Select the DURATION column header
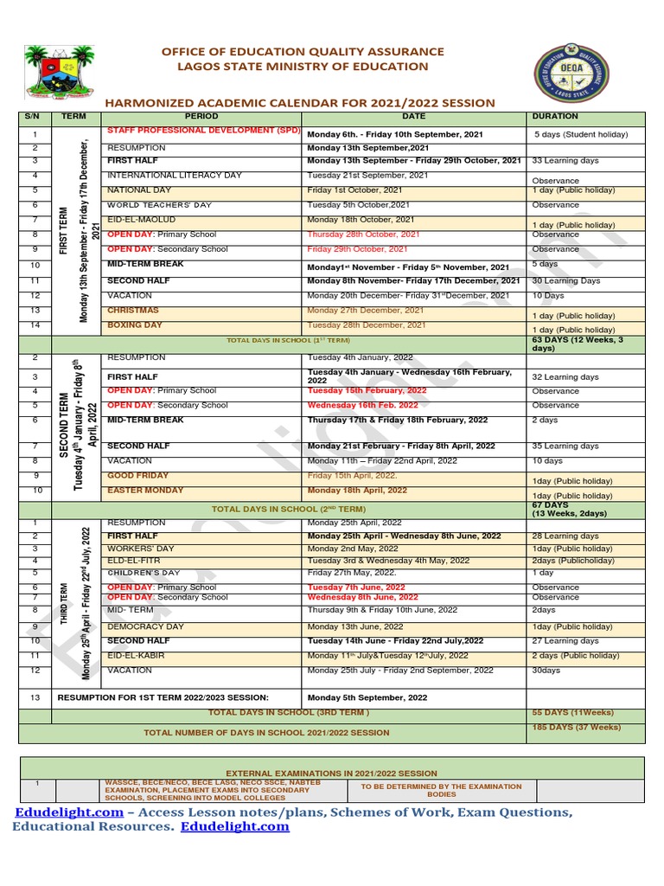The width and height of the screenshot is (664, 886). pos(555,116)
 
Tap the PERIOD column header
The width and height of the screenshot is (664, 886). pos(201,116)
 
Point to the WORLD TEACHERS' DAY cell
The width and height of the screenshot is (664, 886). pos(159,205)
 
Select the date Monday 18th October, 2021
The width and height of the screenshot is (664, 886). pos(361,220)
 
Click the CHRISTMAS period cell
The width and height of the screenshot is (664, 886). pos(133,310)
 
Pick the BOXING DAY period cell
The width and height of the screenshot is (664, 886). pos(135,324)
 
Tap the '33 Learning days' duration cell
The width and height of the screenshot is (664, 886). pos(565,161)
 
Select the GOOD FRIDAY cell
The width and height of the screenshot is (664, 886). pos(138,476)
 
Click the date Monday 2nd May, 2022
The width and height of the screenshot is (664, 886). pos(353,549)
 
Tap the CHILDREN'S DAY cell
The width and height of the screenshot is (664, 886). pos(144,573)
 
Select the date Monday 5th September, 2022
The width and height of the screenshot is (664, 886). pos(367,697)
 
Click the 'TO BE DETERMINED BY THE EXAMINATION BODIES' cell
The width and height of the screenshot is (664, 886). pos(441,790)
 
